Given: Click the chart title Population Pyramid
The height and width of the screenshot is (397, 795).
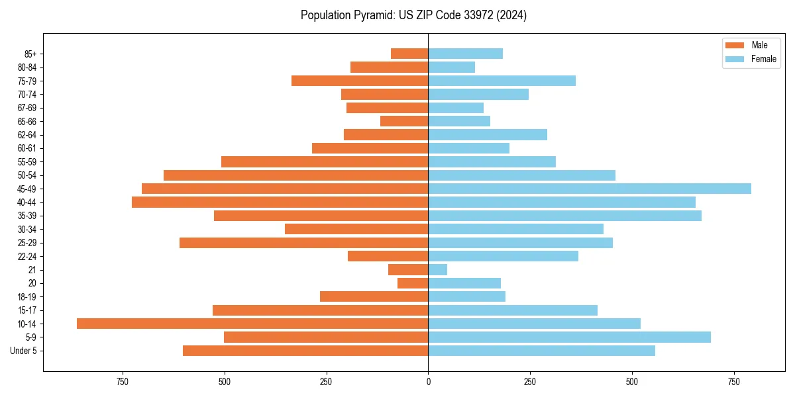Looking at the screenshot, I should pos(413,15).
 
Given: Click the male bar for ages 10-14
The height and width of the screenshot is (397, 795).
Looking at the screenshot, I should pos(252,324).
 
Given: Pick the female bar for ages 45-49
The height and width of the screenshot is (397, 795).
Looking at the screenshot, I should pos(590,189).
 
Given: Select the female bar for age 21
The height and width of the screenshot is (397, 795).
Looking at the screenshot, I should pos(438,269).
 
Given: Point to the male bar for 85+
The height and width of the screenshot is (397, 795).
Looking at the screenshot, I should pos(409,54).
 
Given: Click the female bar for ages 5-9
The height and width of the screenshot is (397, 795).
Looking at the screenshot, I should pos(569,337).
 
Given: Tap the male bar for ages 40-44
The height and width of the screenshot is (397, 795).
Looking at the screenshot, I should pos(280,202).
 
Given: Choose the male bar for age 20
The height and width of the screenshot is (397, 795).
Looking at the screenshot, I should pos(413,283).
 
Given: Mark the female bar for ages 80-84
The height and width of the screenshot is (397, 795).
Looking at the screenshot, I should pos(452,67).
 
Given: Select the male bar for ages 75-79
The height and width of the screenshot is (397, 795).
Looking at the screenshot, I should pos(360,81).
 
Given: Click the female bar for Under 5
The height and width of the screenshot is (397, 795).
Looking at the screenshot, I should pos(541,351).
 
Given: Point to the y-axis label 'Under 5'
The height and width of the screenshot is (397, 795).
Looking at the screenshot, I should pos(24,351).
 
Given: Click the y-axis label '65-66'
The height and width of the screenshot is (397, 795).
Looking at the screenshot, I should pos(27,121).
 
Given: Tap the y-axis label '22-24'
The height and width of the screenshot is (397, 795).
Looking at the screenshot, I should pos(27,256).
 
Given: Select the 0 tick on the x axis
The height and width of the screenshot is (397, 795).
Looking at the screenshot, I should pos(428,382).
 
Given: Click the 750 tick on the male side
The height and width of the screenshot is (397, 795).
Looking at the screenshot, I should pos(123,382).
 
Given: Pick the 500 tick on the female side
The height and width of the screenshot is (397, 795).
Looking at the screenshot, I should pos(632,382).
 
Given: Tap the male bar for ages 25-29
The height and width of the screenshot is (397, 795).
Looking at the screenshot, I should pos(303,243).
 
